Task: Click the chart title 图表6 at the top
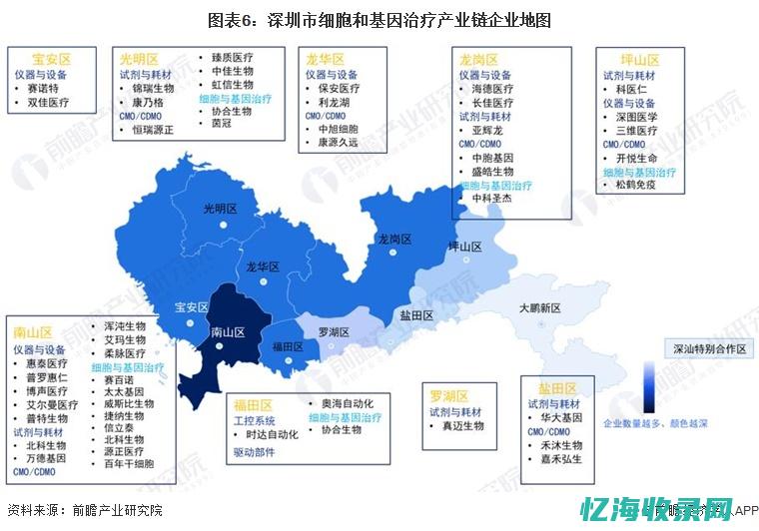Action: point(379,19)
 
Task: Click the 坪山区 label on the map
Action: point(464,247)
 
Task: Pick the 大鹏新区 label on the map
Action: point(540,308)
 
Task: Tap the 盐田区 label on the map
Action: point(416,315)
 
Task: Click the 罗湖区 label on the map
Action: point(334,331)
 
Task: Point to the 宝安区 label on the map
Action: point(191,307)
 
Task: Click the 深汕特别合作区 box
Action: point(709,348)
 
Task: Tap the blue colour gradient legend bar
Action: point(650,386)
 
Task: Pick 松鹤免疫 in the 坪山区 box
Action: point(636,186)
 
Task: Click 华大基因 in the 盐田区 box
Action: point(560,417)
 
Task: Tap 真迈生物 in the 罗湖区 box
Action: point(462,426)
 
